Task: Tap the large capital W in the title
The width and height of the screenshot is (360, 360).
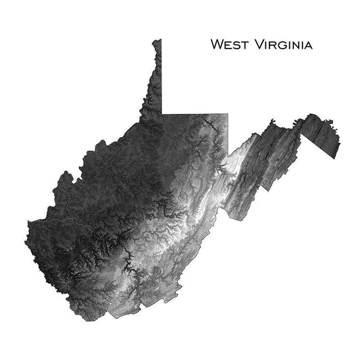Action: click(x=217, y=45)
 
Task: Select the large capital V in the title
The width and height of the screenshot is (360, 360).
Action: click(x=255, y=45)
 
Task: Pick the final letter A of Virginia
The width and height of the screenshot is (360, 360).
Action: click(x=307, y=46)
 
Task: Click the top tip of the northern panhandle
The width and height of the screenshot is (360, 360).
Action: click(x=159, y=40)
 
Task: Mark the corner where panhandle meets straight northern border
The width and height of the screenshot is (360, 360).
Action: click(x=162, y=113)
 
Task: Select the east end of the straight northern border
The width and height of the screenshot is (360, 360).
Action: click(x=228, y=113)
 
